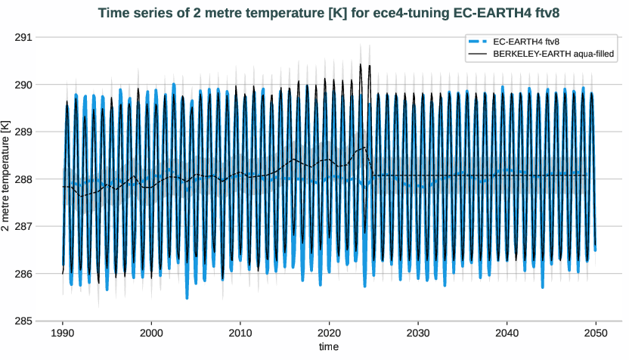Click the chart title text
[327, 13]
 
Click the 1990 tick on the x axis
[63, 333]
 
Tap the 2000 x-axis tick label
[151, 333]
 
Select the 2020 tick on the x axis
[329, 333]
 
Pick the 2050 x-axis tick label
[596, 333]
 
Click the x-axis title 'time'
[329, 346]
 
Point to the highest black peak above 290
[361, 65]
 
